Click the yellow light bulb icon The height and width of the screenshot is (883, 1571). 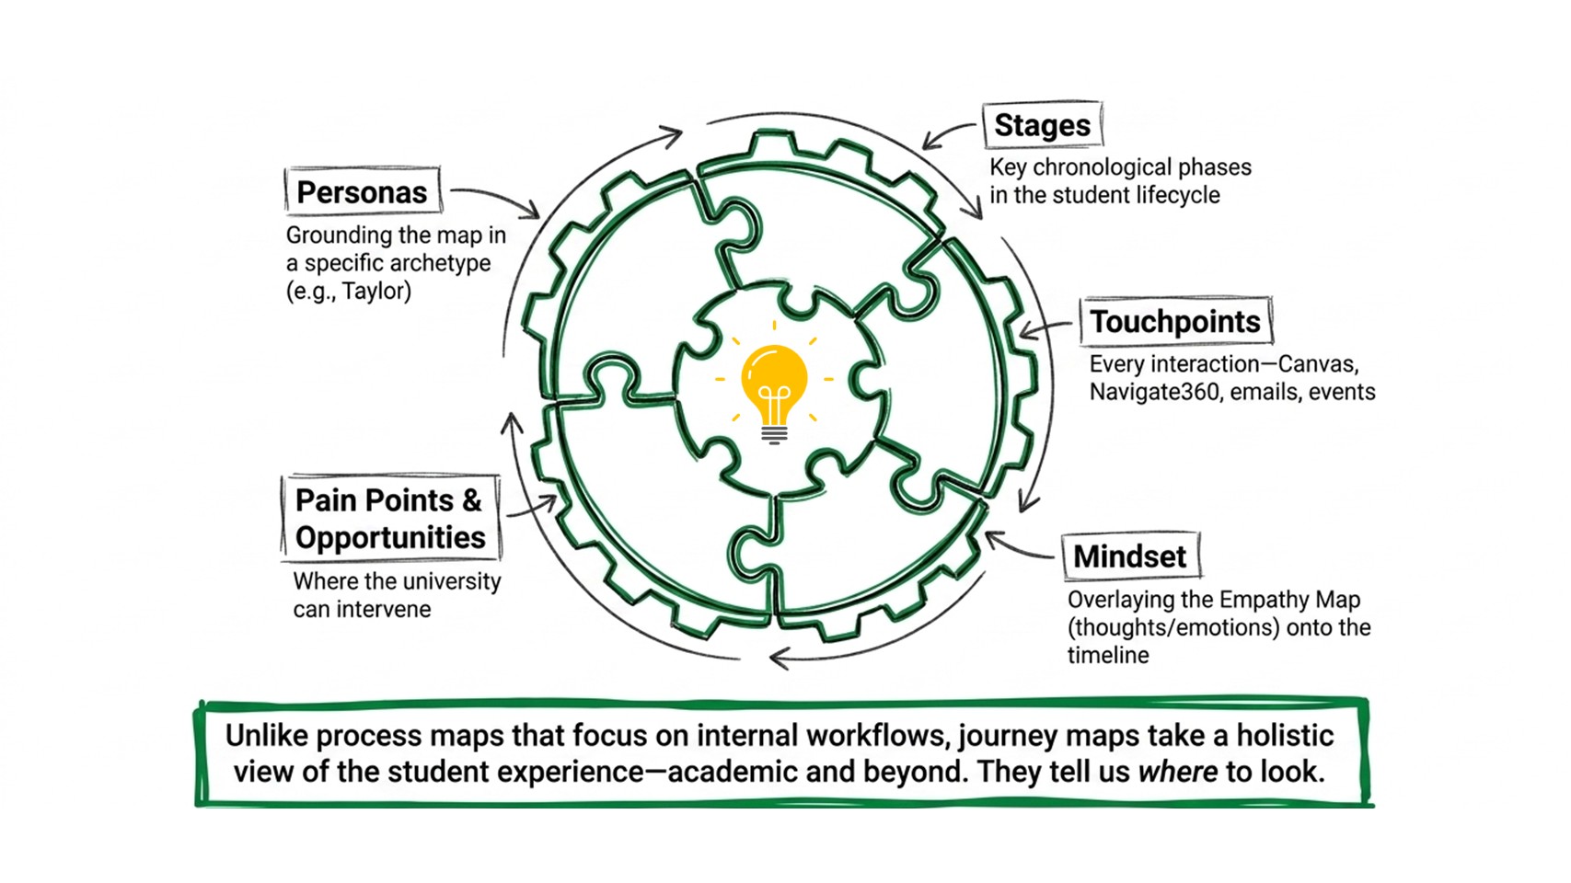(774, 393)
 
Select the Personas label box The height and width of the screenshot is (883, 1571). (363, 189)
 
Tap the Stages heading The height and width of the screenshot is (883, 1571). (1042, 125)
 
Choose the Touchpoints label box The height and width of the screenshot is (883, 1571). (1176, 322)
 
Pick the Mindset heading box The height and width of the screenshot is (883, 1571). (1130, 556)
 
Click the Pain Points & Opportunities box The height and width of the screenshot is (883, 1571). (390, 519)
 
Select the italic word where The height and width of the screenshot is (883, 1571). (1177, 772)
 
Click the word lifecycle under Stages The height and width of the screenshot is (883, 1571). (1178, 196)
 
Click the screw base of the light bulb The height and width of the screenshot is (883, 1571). (774, 434)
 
